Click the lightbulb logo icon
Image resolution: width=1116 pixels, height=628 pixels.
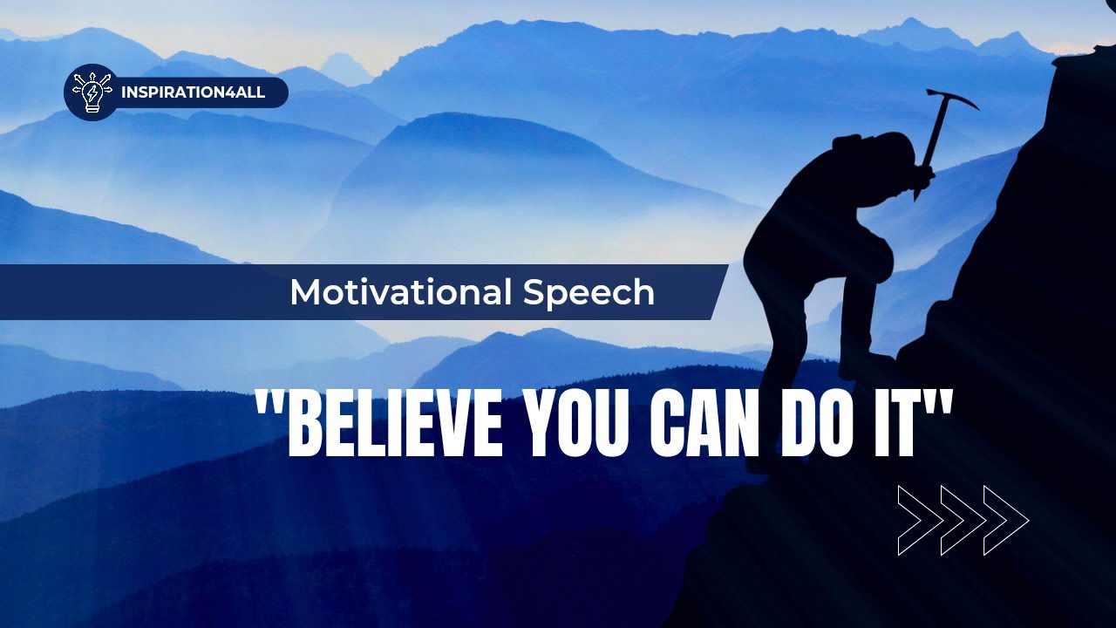(x=91, y=92)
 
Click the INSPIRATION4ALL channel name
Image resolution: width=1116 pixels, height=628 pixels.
(x=194, y=92)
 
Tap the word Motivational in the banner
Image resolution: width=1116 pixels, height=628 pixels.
(x=400, y=292)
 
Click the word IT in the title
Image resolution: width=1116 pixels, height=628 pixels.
(x=908, y=423)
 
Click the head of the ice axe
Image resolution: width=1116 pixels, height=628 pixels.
(x=949, y=98)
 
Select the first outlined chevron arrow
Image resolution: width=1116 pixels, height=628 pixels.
(x=921, y=521)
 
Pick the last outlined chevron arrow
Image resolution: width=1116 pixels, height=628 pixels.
(x=1006, y=521)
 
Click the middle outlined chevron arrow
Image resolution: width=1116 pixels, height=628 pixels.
(x=963, y=521)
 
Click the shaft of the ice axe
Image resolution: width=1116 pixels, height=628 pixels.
(x=929, y=144)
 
